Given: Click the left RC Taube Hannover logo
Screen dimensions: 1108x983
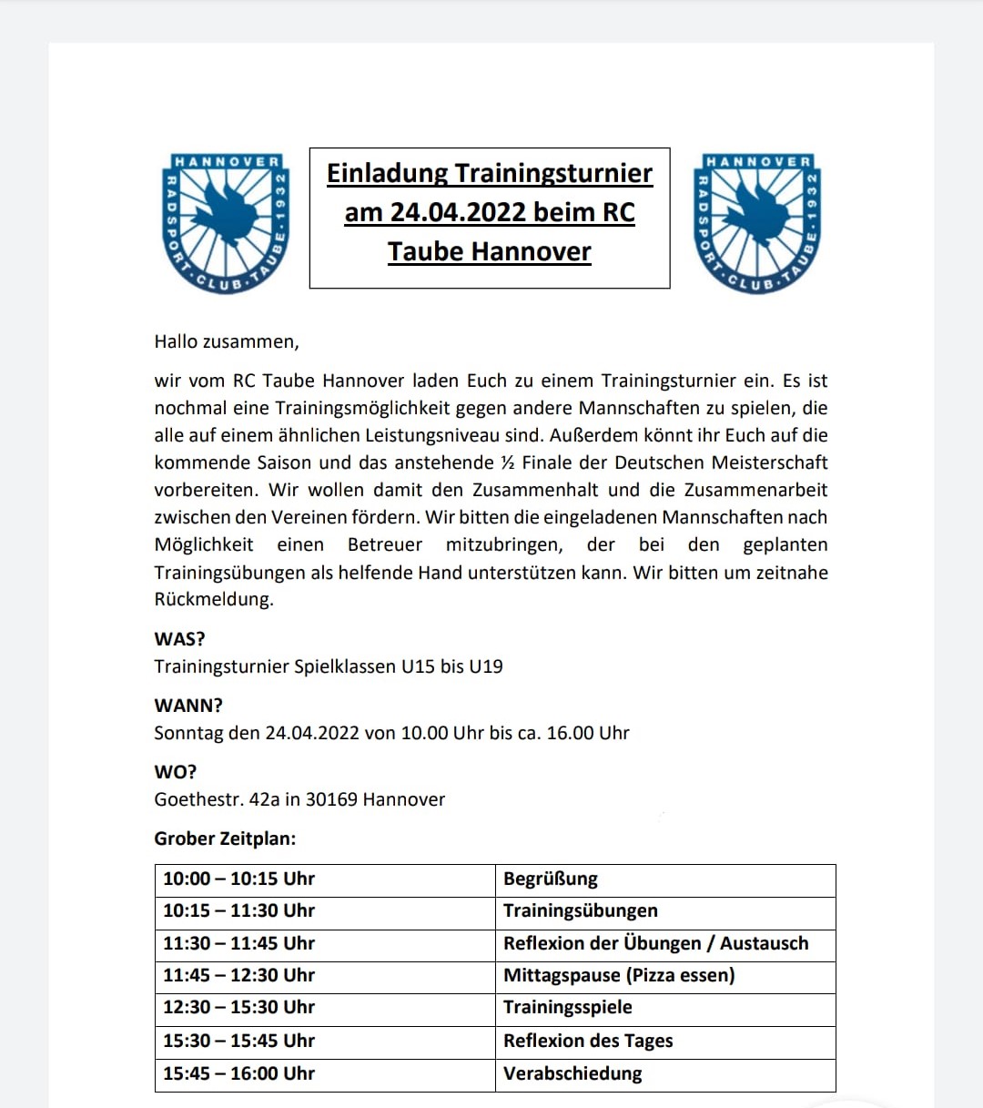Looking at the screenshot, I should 224,223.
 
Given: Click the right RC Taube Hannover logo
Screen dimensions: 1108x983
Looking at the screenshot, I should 757,223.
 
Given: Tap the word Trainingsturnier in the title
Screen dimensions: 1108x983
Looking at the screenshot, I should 553,173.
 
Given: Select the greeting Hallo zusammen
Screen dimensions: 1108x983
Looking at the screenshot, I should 227,341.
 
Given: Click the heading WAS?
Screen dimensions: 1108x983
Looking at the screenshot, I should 179,639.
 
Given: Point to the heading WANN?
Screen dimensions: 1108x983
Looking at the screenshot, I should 188,706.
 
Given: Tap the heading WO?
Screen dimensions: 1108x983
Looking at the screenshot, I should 176,772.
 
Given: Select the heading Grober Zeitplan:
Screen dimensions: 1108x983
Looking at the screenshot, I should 225,839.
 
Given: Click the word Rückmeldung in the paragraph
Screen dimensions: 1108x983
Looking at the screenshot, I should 214,599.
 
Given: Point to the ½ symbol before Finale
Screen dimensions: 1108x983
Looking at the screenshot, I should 508,463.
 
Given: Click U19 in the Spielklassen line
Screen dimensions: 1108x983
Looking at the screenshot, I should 486,666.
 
